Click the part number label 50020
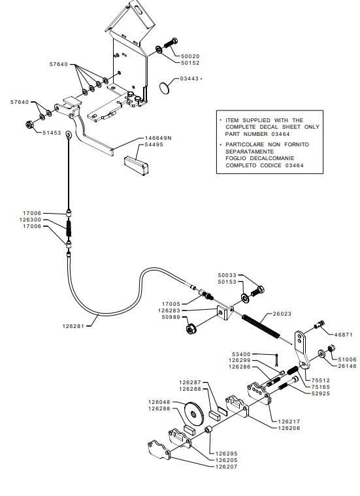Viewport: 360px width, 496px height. [190, 56]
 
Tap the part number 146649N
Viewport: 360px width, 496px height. [158, 138]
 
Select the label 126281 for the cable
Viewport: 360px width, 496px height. [73, 326]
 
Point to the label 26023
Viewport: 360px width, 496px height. [282, 314]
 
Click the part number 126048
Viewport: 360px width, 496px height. [159, 402]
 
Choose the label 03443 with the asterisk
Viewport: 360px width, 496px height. [191, 78]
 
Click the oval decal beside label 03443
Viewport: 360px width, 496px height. [164, 88]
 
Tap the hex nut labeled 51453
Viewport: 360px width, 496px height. [29, 125]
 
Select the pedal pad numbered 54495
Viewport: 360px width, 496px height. [137, 165]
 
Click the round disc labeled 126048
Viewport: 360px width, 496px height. [193, 414]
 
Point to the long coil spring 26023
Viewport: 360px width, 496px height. [261, 325]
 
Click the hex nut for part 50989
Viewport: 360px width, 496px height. [191, 329]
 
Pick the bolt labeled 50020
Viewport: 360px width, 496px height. [171, 42]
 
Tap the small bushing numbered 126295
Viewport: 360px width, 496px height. [208, 430]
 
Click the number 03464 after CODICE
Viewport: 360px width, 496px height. [295, 165]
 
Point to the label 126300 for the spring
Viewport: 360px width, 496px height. [30, 220]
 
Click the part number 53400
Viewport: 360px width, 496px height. [241, 354]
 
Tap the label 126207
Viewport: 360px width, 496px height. [226, 467]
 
